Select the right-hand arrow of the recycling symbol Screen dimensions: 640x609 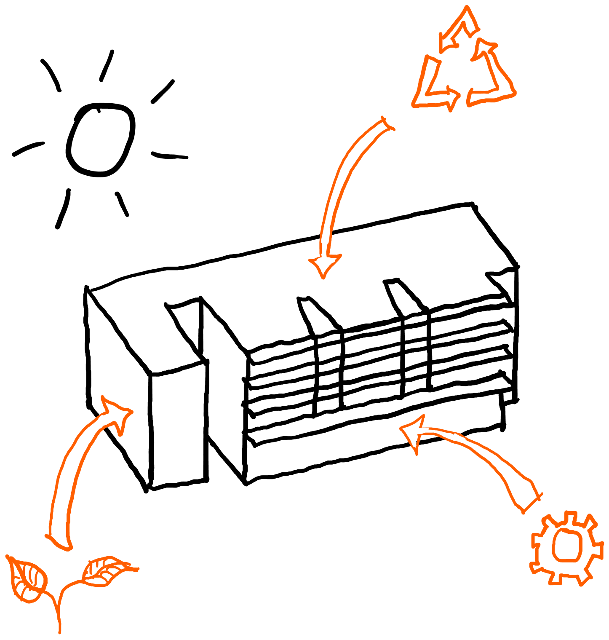[x=493, y=72]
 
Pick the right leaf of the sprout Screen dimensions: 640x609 [x=105, y=571]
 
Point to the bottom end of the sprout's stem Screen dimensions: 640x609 [x=60, y=631]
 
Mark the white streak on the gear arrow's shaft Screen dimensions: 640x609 [x=454, y=437]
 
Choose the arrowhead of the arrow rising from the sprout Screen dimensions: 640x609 [x=116, y=413]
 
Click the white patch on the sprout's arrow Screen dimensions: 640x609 [x=101, y=422]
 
